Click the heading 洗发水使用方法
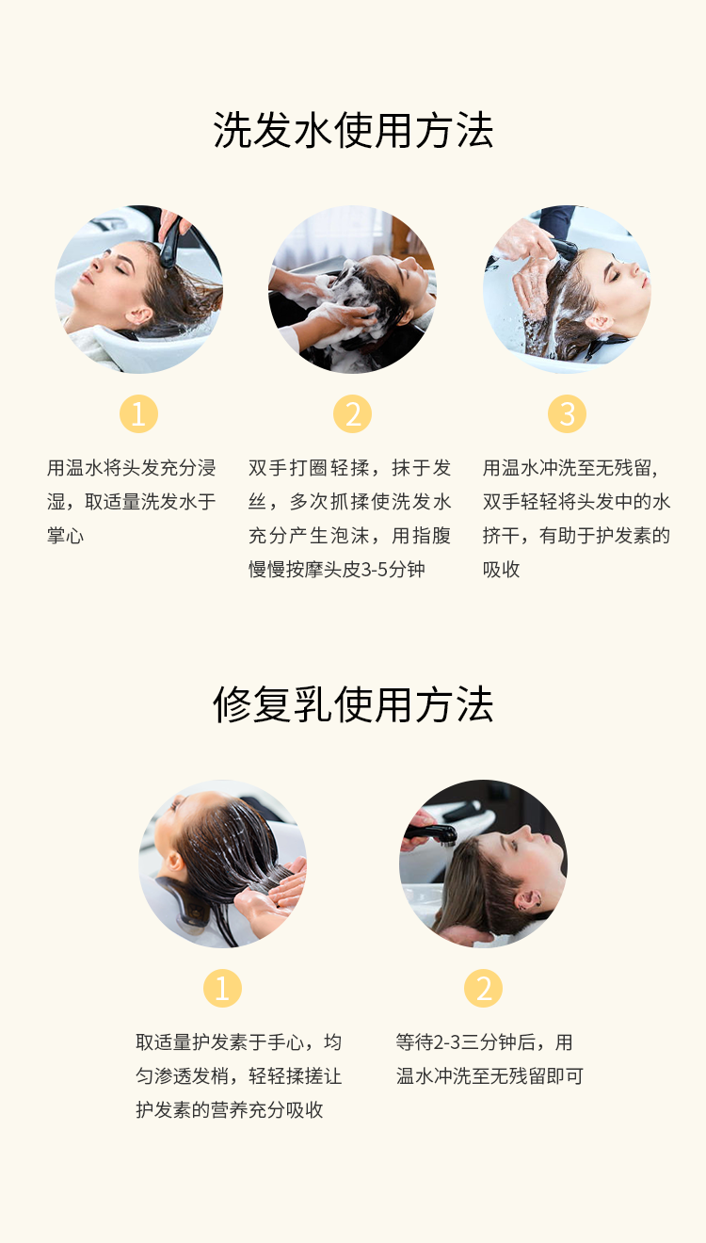point(353,130)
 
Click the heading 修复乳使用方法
point(353,704)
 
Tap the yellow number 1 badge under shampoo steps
point(138,414)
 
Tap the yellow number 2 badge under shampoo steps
point(353,414)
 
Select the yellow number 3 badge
point(567,414)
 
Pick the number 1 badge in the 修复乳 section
point(222,989)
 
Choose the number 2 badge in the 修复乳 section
point(483,989)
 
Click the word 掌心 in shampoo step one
point(66,536)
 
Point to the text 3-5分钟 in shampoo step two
point(393,570)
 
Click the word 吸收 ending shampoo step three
point(502,570)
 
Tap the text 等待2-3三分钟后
point(465,1042)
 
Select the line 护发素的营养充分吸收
point(230,1110)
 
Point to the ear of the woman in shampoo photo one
point(138,315)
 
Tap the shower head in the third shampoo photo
point(565,249)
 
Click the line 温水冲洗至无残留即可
point(489,1076)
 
